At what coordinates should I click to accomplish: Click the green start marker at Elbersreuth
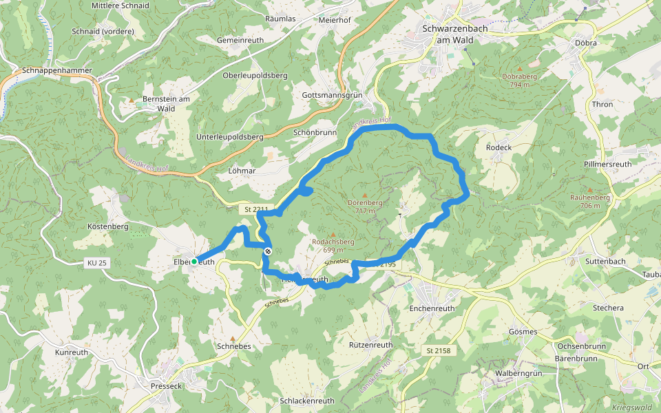(194, 262)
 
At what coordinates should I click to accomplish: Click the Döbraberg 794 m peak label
(520, 80)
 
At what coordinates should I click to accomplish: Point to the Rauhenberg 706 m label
(590, 201)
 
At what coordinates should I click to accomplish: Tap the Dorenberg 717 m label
(364, 206)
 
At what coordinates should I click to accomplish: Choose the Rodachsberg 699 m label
(333, 246)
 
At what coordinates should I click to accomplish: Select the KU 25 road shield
(97, 262)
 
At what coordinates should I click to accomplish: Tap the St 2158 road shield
(438, 351)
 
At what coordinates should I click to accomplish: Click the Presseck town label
(166, 386)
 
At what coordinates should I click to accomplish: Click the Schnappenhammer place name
(56, 70)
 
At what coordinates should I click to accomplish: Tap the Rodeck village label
(499, 147)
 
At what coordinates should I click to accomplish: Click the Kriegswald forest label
(631, 407)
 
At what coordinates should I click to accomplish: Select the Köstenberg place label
(109, 226)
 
